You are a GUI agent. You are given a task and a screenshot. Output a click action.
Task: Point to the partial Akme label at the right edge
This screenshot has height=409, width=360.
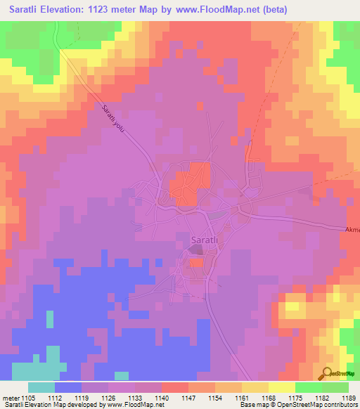pos(352,230)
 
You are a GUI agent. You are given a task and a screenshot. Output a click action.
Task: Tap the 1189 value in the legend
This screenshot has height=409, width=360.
pos(347,397)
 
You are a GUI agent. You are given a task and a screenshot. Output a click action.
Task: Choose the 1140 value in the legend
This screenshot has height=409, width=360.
pos(161,397)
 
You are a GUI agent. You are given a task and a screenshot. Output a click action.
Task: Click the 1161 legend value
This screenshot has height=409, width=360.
pos(241,397)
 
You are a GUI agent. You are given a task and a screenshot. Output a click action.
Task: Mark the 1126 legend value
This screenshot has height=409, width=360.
pos(108,397)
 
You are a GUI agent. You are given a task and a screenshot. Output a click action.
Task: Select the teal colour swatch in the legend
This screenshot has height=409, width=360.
pos(41,387)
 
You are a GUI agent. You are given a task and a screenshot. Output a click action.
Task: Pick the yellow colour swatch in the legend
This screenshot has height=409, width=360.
pos(281,387)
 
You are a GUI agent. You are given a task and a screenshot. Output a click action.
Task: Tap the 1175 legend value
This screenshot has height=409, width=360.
pos(295,397)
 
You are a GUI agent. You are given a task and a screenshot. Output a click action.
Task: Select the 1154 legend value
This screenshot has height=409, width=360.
pos(214,397)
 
